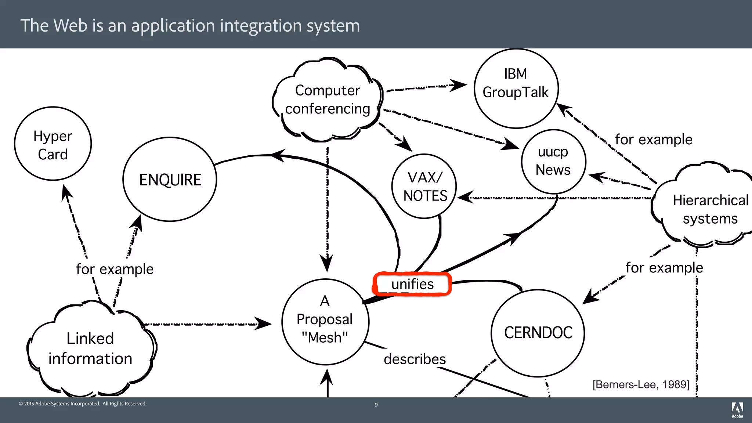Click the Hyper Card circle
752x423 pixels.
(53, 144)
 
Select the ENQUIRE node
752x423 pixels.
(170, 180)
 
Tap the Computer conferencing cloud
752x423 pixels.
(328, 100)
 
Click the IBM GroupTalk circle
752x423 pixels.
(516, 88)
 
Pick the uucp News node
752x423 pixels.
(553, 161)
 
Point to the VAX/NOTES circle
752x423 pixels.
(424, 187)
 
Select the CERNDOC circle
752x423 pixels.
(538, 333)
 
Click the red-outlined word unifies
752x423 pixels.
(412, 284)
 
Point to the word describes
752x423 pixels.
(415, 359)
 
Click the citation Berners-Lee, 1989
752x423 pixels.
(641, 384)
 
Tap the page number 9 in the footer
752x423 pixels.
(376, 405)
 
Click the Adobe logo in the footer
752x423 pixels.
(737, 409)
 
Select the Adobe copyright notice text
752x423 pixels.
(83, 404)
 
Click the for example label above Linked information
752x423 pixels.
(115, 269)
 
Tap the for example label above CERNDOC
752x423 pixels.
(664, 268)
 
